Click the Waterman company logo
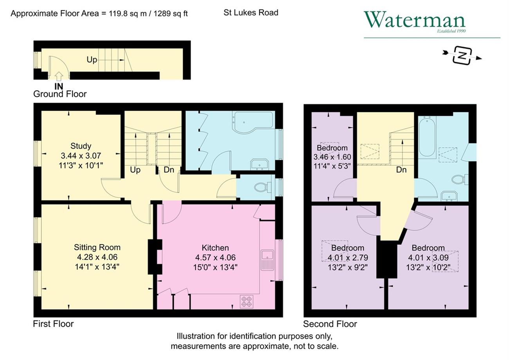point(415,22)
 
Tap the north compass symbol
point(462,56)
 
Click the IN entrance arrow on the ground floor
point(59,76)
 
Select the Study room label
point(81,146)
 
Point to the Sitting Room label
point(97,247)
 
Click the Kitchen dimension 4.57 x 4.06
point(215,257)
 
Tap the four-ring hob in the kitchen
point(247,301)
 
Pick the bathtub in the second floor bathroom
point(427,136)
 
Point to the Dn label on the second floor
point(401,170)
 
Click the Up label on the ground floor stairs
point(92,60)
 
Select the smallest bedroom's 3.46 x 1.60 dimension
point(332,157)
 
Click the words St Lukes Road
point(251,13)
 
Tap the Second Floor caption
point(330,324)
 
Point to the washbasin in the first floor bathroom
point(260,165)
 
